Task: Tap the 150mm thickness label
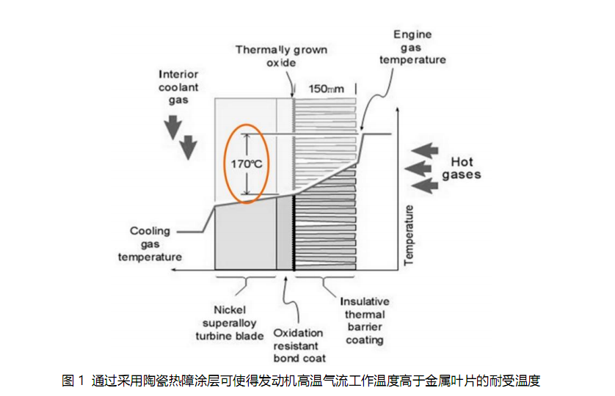point(325,89)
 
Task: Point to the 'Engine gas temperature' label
point(412,47)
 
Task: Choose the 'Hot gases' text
point(462,168)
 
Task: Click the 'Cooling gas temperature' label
point(150,244)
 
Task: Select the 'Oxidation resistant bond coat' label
point(297,345)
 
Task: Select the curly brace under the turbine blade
point(244,280)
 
